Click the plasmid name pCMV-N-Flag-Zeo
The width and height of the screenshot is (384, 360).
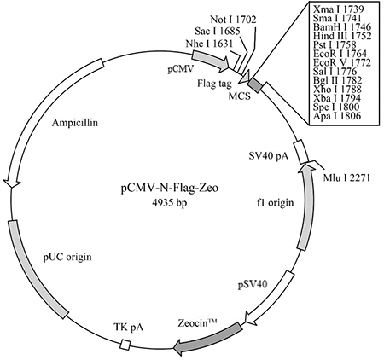click(x=170, y=189)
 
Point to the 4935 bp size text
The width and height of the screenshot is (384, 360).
click(x=170, y=203)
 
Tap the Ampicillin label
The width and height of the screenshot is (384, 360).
click(x=75, y=123)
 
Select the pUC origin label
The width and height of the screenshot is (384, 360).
click(x=67, y=257)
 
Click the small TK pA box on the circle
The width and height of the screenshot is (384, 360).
click(x=125, y=345)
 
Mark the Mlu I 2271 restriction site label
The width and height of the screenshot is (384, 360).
click(x=346, y=178)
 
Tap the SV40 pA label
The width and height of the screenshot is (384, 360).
click(x=268, y=156)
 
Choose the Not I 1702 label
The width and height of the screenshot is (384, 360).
click(x=233, y=20)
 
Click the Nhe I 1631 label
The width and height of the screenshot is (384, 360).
click(x=209, y=44)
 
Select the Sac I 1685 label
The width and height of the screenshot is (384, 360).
click(x=218, y=31)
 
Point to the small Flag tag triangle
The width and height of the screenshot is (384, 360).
click(x=245, y=78)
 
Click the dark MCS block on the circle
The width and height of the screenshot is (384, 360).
click(x=254, y=85)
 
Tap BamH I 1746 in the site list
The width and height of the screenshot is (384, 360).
click(x=342, y=27)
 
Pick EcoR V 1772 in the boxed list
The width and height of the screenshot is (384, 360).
click(x=342, y=62)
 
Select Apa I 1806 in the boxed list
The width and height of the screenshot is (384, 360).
click(x=337, y=115)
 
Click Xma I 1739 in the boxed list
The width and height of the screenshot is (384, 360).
click(x=338, y=9)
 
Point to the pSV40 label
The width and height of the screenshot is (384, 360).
click(x=253, y=284)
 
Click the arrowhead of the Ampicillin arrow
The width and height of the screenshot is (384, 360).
click(x=11, y=183)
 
